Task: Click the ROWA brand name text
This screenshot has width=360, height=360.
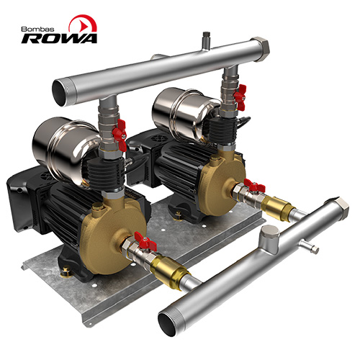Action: tap(59, 38)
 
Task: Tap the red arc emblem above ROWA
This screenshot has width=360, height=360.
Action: tap(83, 23)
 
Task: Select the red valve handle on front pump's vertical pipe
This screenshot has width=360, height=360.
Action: tap(120, 135)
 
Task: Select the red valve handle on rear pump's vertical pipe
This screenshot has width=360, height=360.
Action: tap(240, 97)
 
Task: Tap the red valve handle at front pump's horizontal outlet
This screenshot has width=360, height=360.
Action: tap(145, 242)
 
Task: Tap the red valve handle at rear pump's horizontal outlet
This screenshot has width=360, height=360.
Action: tap(254, 186)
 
